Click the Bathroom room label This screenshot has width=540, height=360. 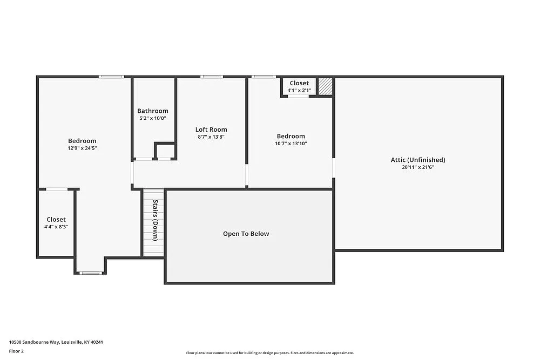[x=152, y=111]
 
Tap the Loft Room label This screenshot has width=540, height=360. [x=211, y=130]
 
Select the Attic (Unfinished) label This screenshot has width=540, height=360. [x=418, y=160]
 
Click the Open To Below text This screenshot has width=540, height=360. [x=246, y=234]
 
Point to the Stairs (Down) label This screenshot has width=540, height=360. [x=155, y=220]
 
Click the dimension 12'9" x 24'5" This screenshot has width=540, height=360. [x=82, y=148]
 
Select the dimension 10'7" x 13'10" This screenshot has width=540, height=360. [x=291, y=144]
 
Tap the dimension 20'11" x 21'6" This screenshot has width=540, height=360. [x=418, y=167]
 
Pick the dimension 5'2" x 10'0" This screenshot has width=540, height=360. [x=152, y=118]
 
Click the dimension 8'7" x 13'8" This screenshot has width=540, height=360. [x=211, y=137]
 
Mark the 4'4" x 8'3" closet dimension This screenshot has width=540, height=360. [x=56, y=227]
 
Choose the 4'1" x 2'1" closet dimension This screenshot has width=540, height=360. [x=299, y=90]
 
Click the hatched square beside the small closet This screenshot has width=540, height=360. [x=325, y=86]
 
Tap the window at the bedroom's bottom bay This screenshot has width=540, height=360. [x=90, y=273]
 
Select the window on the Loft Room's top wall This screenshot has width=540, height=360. [x=211, y=77]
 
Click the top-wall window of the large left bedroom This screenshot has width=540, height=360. [x=112, y=77]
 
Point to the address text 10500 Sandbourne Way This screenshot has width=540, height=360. [x=56, y=342]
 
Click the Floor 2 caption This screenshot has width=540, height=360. [x=16, y=351]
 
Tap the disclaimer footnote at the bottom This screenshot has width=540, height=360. [x=270, y=352]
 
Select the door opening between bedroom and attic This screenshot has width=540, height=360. [x=334, y=167]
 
